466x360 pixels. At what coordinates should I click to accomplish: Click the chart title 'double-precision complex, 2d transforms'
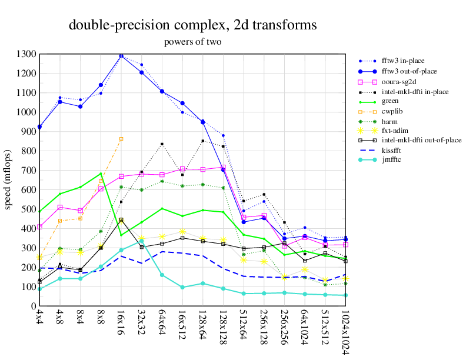(x=193, y=25)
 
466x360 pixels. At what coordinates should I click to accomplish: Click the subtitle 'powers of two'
(x=193, y=42)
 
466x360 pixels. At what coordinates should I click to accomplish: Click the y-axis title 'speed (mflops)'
(x=8, y=180)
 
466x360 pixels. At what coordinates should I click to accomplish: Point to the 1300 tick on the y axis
(x=27, y=54)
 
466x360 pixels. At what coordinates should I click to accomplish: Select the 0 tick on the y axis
(x=34, y=306)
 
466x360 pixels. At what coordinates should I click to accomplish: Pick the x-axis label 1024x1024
(x=345, y=332)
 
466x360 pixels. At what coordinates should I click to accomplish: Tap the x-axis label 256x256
(x=284, y=327)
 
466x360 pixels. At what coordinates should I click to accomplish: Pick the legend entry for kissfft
(x=394, y=150)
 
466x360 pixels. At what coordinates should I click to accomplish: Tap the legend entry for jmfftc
(x=393, y=160)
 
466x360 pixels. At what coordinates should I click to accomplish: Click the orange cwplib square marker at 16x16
(x=121, y=139)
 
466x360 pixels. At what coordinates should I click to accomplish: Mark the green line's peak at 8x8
(x=101, y=174)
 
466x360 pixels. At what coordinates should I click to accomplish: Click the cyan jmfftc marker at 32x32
(x=142, y=241)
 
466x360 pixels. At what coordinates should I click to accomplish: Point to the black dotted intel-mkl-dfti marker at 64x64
(x=162, y=144)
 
